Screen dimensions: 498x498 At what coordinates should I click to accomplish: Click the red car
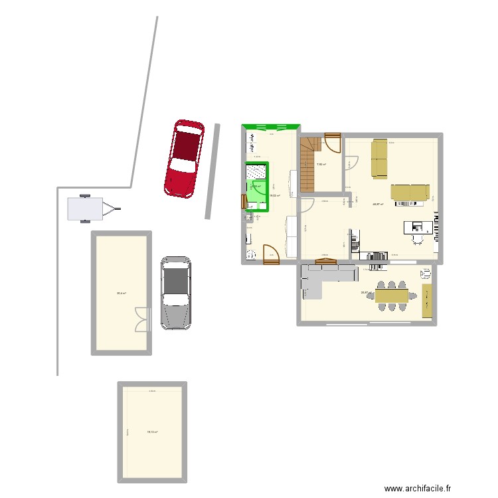pyautogui.click(x=185, y=159)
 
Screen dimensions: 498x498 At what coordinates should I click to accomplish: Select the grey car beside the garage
pyautogui.click(x=176, y=292)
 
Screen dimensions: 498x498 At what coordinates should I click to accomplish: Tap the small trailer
pyautogui.click(x=86, y=209)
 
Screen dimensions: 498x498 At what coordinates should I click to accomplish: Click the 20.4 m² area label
pyautogui.click(x=122, y=293)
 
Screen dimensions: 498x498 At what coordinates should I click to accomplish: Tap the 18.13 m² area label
pyautogui.click(x=152, y=432)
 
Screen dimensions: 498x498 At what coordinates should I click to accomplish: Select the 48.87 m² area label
pyautogui.click(x=378, y=205)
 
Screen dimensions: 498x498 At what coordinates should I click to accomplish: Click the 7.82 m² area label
pyautogui.click(x=320, y=165)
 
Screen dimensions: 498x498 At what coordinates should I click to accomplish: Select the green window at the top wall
pyautogui.click(x=271, y=127)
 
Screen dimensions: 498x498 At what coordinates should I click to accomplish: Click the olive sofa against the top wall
pyautogui.click(x=379, y=159)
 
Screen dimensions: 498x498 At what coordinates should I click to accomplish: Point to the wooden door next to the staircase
pyautogui.click(x=333, y=142)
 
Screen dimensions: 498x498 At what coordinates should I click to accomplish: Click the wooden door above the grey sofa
pyautogui.click(x=326, y=262)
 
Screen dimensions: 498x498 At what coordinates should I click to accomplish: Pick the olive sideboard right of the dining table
pyautogui.click(x=426, y=301)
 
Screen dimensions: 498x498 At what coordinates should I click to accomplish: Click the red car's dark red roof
pyautogui.click(x=186, y=143)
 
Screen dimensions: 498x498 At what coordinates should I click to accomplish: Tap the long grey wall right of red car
pyautogui.click(x=212, y=171)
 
